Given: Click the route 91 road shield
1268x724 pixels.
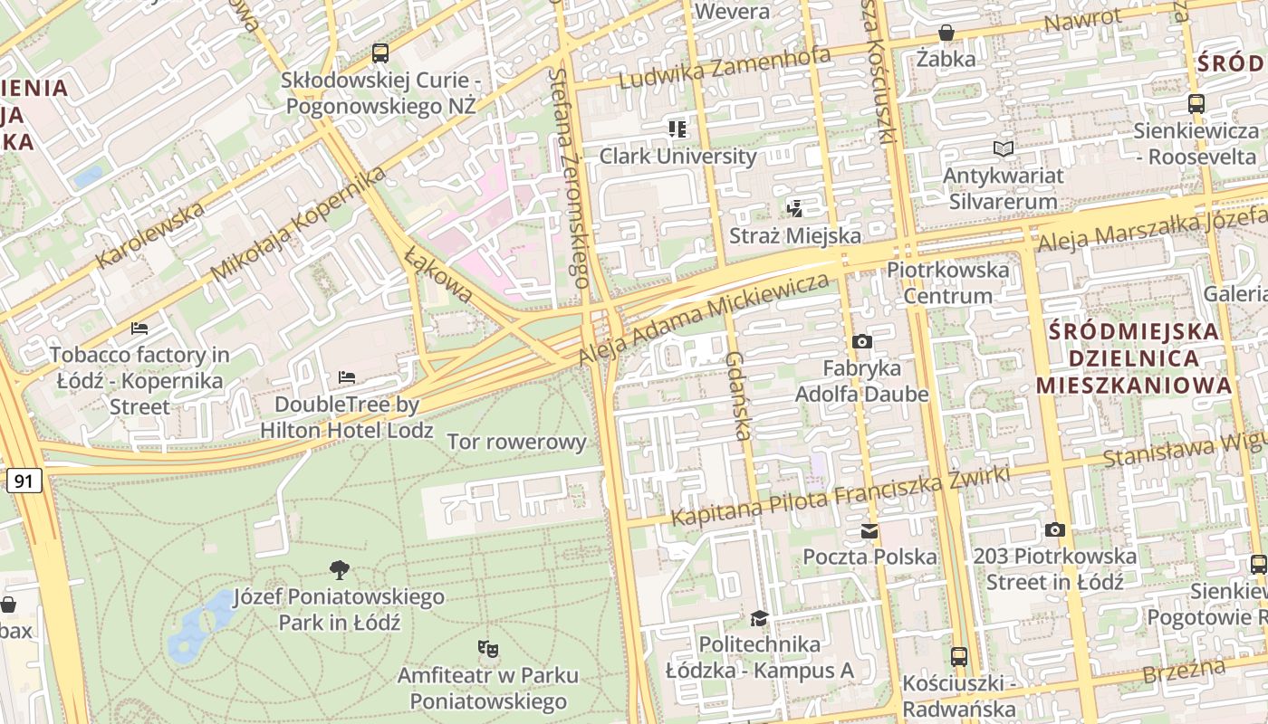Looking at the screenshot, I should click(24, 481).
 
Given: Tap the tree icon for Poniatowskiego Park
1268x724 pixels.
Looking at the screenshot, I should click(340, 570).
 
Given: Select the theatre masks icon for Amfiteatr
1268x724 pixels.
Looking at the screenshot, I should click(488, 648).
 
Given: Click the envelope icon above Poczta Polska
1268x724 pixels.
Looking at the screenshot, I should click(869, 530).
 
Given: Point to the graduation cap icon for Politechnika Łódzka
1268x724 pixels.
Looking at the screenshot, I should click(759, 618).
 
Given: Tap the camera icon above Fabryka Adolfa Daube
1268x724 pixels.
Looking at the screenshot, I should click(862, 341).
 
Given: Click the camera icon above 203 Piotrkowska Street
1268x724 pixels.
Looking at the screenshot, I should click(1055, 529).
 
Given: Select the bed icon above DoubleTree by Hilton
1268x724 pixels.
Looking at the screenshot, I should click(346, 377).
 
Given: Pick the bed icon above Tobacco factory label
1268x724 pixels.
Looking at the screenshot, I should click(139, 328).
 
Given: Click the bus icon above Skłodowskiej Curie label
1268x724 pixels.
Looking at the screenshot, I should click(380, 53).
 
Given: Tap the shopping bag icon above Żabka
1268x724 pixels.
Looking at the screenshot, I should click(946, 33).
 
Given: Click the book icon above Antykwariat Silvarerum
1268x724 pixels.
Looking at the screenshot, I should click(1003, 148).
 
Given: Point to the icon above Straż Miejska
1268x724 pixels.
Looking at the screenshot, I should click(795, 209).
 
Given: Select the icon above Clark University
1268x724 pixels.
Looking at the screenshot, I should click(677, 129).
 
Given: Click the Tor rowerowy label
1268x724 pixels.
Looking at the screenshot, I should click(517, 442).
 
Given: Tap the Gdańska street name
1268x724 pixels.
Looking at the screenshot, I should click(738, 396).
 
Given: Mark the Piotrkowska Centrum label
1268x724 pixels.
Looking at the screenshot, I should click(947, 282).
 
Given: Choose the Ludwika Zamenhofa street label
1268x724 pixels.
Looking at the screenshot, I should click(725, 68).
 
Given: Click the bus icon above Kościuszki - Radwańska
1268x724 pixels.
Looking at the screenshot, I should click(959, 656).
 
